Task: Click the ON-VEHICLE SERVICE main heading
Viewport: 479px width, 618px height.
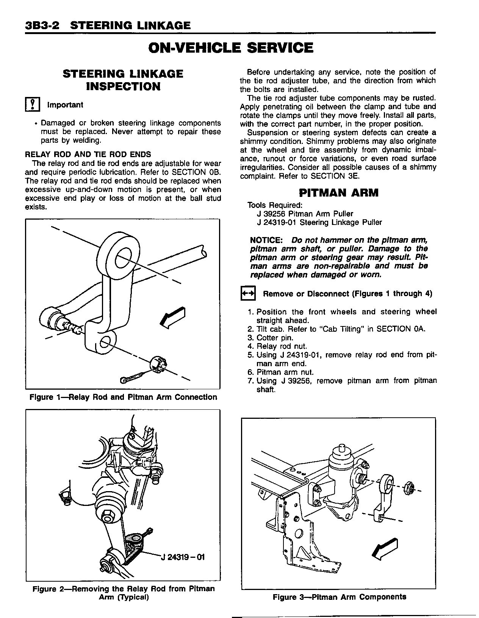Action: pyautogui.click(x=231, y=48)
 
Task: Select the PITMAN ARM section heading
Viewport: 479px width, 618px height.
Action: pyautogui.click(x=339, y=193)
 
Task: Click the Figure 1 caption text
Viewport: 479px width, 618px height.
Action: pyautogui.click(x=123, y=397)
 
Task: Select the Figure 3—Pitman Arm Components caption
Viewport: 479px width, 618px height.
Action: pyautogui.click(x=339, y=597)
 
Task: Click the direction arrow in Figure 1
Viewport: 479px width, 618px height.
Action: pyautogui.click(x=173, y=317)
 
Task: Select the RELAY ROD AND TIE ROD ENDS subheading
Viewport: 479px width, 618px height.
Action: pyautogui.click(x=88, y=154)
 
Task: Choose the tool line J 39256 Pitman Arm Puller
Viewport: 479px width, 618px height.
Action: pyautogui.click(x=305, y=214)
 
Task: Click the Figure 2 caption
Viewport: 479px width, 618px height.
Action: pyautogui.click(x=124, y=593)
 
